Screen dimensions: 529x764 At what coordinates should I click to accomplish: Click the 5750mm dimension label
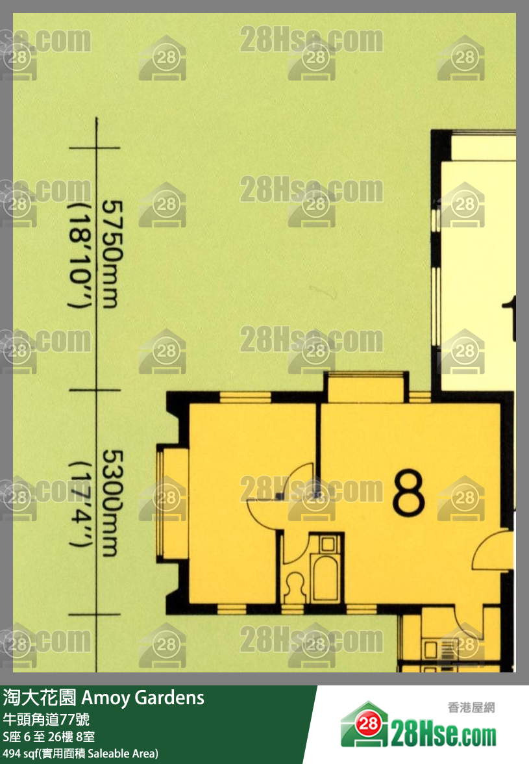(112, 255)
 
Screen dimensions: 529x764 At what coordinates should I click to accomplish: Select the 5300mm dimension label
(112, 503)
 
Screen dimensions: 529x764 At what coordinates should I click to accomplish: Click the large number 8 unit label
(408, 492)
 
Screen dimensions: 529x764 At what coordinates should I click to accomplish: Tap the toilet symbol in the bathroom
(295, 587)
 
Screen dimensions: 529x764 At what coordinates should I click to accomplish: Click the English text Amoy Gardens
(143, 698)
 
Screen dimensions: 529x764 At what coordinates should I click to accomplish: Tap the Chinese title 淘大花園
(40, 698)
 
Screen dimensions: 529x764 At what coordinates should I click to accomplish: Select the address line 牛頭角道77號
(46, 720)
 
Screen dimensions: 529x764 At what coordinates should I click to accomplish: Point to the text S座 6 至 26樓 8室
(49, 737)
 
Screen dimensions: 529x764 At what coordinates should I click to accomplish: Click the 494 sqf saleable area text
(80, 754)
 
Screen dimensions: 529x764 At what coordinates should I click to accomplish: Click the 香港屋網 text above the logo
(471, 707)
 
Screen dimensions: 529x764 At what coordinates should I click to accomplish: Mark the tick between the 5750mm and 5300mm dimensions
(95, 390)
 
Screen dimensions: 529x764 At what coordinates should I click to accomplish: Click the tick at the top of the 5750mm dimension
(95, 147)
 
